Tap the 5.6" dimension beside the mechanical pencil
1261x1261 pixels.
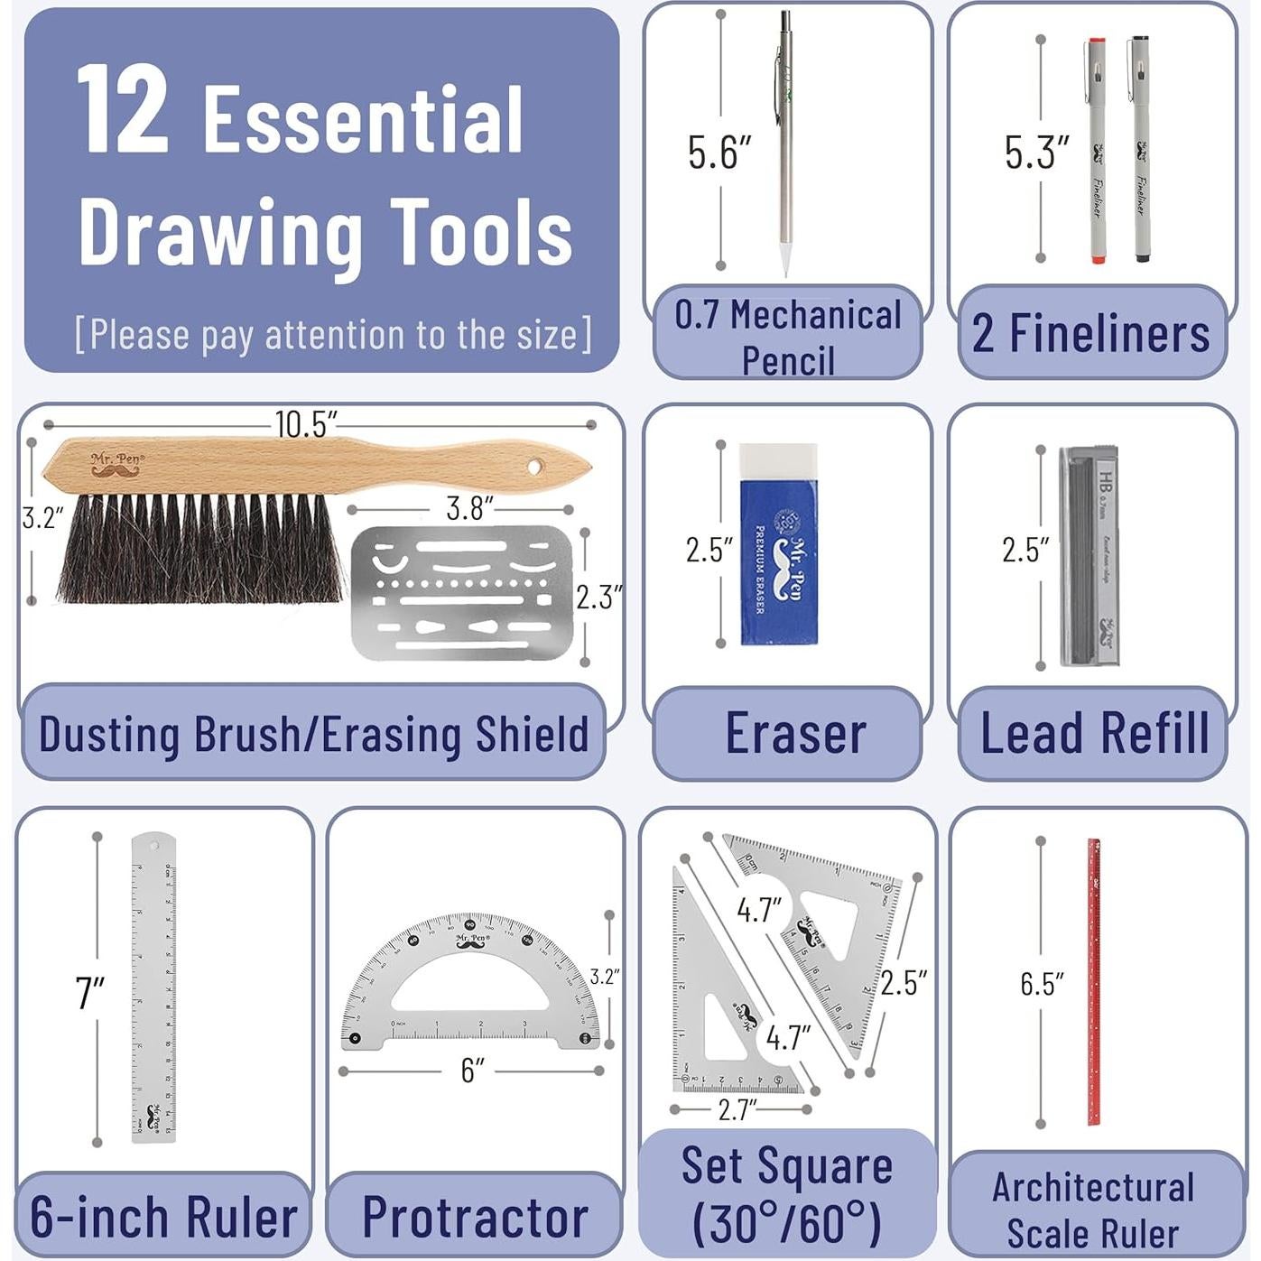pos(719,153)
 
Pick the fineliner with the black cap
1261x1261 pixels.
pos(1141,149)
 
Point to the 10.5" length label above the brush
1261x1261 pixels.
pos(306,424)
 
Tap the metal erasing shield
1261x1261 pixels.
pos(461,593)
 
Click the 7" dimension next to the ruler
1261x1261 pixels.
pos(90,993)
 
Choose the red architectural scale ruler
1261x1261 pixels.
pos(1093,982)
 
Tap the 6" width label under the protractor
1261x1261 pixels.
pos(472,1071)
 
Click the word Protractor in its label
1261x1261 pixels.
pos(475,1217)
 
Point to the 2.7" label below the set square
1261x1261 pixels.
pos(737,1109)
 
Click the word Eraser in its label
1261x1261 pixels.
pos(795,733)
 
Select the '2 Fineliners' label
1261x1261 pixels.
pos(1090,333)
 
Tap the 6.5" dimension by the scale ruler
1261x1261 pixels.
pos(1042,984)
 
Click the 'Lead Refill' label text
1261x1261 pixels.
pos(1094,733)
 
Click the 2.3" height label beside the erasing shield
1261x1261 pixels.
pos(598,597)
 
